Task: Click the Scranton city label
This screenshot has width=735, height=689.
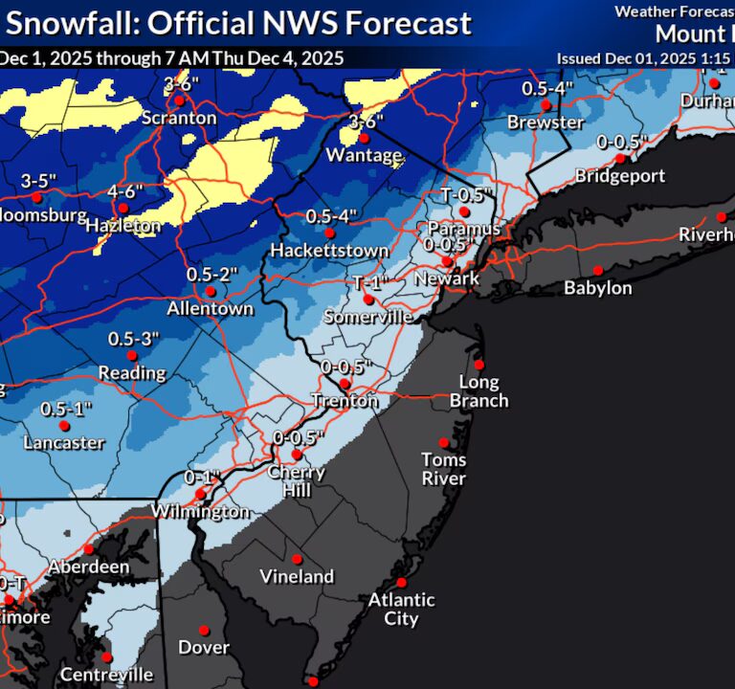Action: [178, 119]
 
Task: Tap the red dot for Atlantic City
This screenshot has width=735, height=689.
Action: [402, 582]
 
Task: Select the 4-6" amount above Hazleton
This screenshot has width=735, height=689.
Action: [125, 190]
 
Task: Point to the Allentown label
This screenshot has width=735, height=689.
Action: [210, 309]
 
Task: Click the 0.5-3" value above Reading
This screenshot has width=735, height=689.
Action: [133, 339]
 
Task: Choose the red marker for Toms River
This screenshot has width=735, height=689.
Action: [443, 442]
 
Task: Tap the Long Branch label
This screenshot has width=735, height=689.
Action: [479, 391]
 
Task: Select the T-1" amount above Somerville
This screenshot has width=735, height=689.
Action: [368, 283]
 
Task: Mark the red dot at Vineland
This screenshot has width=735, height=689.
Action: [297, 559]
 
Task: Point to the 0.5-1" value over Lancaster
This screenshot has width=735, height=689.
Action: [65, 409]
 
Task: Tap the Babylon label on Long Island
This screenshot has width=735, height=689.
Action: [597, 288]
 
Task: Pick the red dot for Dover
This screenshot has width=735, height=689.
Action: [204, 630]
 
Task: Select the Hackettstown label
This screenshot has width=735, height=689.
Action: [329, 251]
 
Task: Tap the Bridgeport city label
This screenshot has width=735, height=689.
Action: [620, 176]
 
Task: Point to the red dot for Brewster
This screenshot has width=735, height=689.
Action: [546, 105]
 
